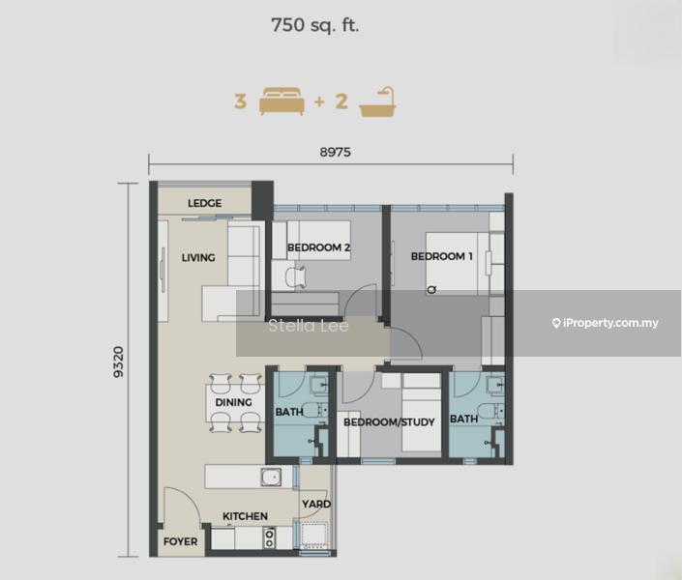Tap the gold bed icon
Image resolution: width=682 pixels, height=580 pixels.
coord(282,101)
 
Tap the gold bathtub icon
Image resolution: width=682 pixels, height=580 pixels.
coord(377,101)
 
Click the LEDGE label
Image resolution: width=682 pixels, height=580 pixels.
coord(204,204)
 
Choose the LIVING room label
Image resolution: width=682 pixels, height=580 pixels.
coord(198,258)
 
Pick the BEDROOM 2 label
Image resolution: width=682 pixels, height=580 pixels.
coord(318,247)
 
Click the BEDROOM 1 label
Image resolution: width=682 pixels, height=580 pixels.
coord(441,256)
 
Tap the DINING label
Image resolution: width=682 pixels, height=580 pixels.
coord(234,402)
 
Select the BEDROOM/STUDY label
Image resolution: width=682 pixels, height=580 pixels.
coord(389,422)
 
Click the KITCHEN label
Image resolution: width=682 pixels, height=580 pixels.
coord(246,516)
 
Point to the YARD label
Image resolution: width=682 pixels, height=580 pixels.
coord(316,504)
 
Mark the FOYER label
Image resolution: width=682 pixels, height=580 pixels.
coord(180,541)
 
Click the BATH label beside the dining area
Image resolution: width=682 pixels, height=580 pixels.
coord(289,413)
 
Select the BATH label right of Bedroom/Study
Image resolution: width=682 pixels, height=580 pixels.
coord(463,420)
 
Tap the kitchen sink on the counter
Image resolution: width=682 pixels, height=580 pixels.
coord(273,476)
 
